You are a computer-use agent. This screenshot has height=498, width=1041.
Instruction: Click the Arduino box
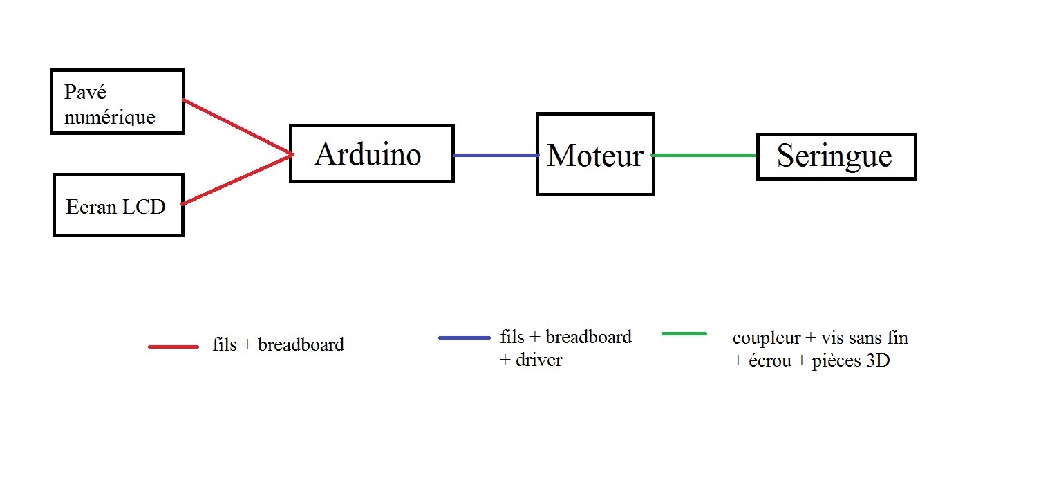371,154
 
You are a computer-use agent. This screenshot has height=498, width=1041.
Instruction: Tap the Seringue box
836,156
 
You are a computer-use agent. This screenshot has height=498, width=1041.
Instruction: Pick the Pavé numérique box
116,102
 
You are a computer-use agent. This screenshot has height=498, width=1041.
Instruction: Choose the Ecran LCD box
118,205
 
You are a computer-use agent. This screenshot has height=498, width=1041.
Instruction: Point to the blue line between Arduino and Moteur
495,156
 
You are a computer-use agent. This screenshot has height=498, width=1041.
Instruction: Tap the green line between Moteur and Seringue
704,156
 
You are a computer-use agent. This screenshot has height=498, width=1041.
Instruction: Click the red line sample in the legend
173,346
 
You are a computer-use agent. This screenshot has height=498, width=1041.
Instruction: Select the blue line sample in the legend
464,338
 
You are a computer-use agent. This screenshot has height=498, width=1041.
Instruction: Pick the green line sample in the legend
684,334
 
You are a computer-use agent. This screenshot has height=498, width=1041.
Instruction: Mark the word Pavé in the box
85,92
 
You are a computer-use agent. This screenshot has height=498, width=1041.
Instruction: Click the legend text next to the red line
278,344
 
